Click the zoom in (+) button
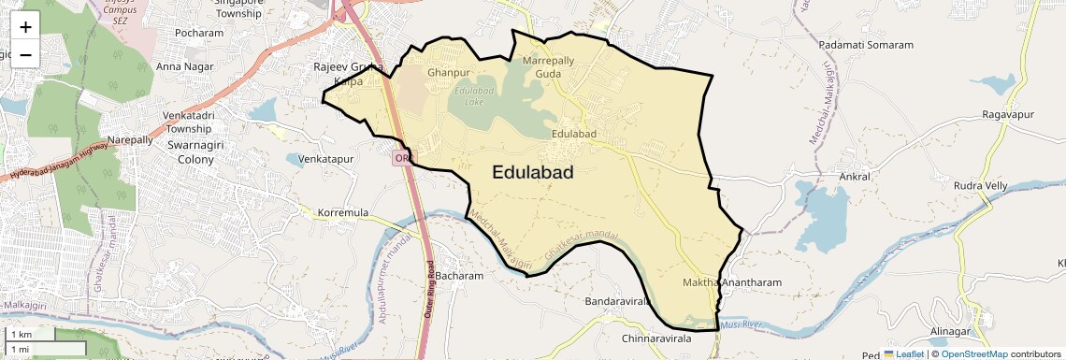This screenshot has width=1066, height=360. (x=25, y=26)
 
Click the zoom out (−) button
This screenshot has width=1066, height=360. (x=25, y=54)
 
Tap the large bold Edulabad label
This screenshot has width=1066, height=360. (x=532, y=172)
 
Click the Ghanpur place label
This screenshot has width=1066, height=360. (x=448, y=72)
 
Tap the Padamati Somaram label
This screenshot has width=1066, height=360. (x=865, y=45)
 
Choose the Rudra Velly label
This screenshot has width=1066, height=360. (x=980, y=185)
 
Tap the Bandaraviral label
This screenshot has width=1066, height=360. (x=617, y=302)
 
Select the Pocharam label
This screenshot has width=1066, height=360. (x=200, y=33)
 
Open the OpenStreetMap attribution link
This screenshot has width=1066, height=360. (x=974, y=354)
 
